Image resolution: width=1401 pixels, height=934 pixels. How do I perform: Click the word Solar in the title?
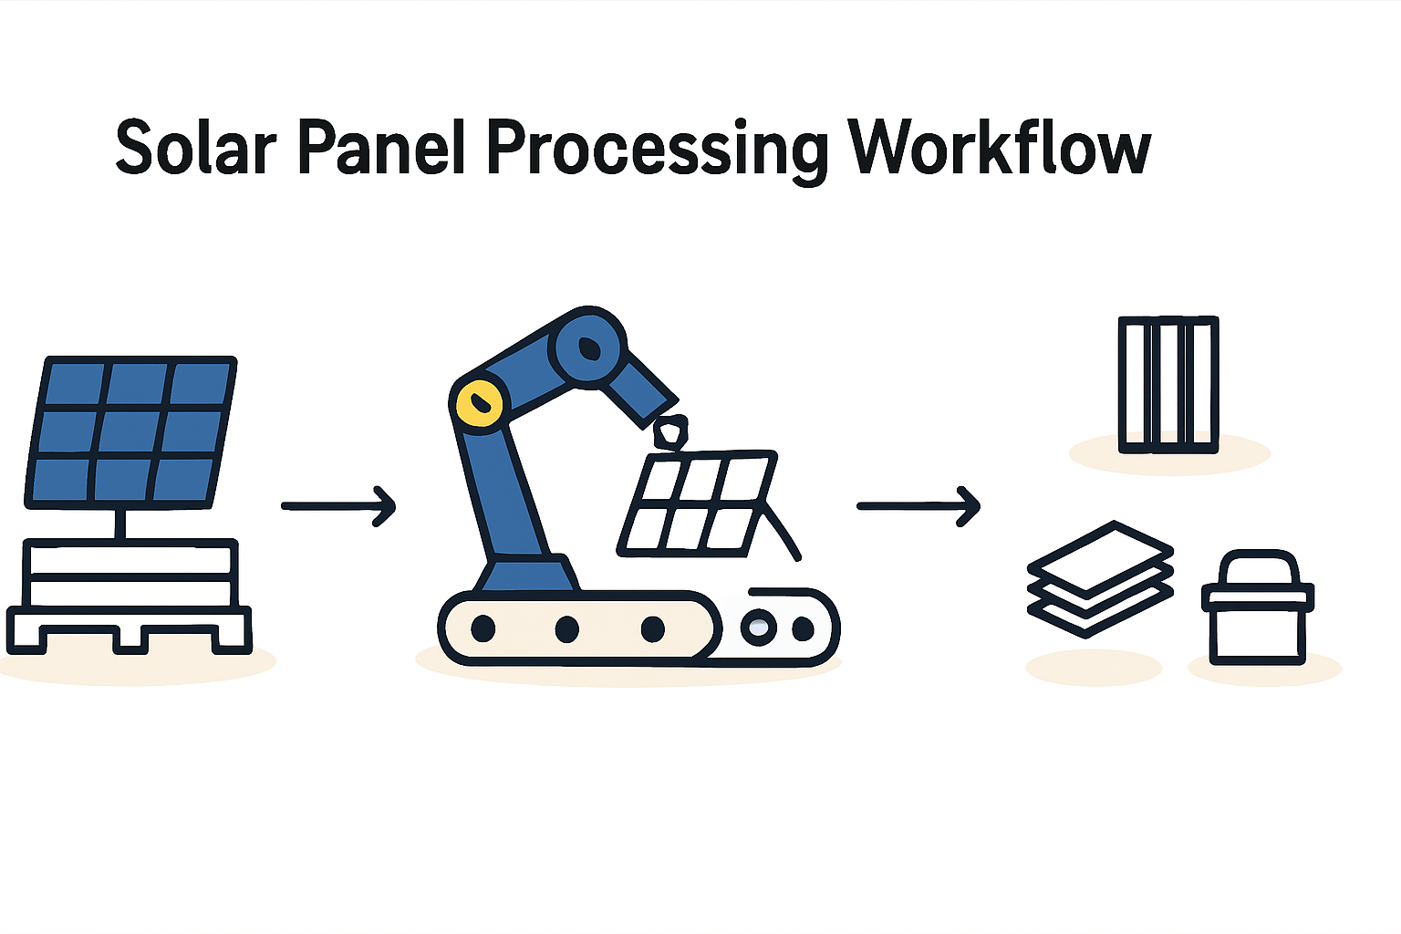195,149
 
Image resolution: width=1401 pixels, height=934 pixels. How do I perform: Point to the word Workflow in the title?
999,149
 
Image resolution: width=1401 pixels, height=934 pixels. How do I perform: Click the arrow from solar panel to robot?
338,505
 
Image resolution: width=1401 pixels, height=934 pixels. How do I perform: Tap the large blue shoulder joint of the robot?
588,347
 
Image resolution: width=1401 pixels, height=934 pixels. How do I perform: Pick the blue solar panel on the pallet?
130,431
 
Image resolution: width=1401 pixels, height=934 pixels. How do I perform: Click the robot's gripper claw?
670,431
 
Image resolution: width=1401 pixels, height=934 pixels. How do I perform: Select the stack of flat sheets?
1099,578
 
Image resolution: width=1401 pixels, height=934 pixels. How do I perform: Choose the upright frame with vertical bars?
1168,384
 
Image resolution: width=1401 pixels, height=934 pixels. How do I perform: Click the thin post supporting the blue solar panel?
119,523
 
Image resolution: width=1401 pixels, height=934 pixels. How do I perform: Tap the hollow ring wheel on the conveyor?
759,627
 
